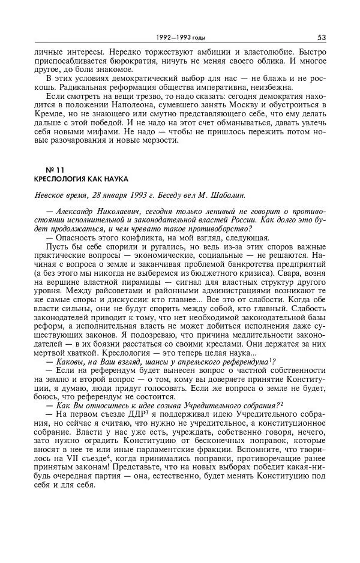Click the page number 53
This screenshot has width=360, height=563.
click(322, 37)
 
